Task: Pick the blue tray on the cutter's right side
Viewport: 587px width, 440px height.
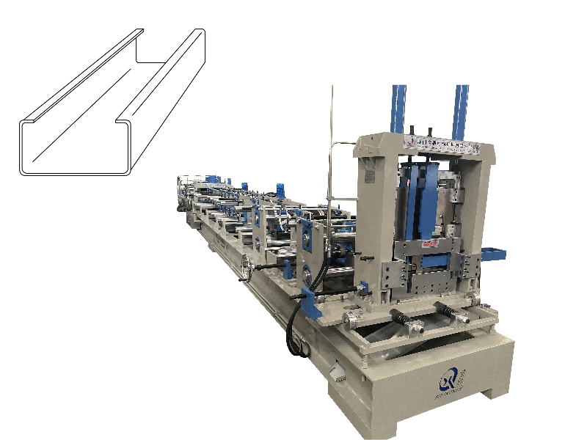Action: click(493, 254)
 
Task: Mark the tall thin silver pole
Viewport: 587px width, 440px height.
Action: click(332, 147)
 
